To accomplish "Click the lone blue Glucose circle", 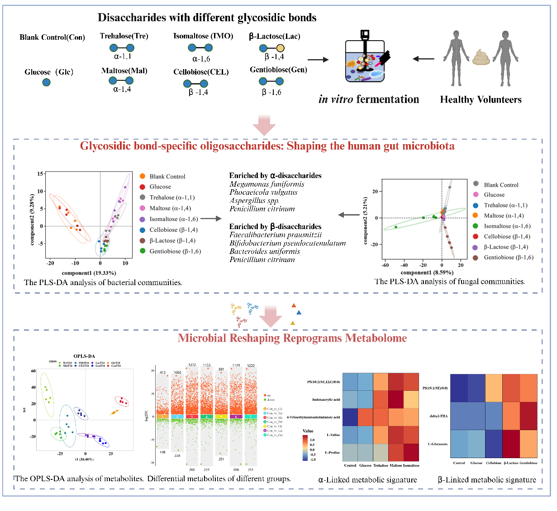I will pos(46,82).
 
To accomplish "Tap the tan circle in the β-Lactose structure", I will pos(280,48).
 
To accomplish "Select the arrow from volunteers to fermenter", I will pos(423,59).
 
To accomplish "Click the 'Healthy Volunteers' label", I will pos(481,100).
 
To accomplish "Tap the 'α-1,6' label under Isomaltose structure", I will pos(201,59).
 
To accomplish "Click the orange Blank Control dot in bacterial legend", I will pos(143,176).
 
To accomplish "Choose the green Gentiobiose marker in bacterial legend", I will pos(143,251).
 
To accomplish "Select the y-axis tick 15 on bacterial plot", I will pos(40,174).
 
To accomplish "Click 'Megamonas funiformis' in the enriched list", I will pos(267,184).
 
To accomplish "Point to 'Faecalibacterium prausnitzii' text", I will pos(275,234).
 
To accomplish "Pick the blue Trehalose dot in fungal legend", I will pos(476,205).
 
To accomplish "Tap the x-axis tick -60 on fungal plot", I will pos(385,266).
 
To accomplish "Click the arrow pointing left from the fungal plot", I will pos(349,215).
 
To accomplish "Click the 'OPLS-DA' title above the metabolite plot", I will pos(84,356).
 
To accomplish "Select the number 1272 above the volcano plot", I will pos(192,365).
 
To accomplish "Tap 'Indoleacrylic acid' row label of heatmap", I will pos(326,400).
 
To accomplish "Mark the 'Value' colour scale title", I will pos(308,431).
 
